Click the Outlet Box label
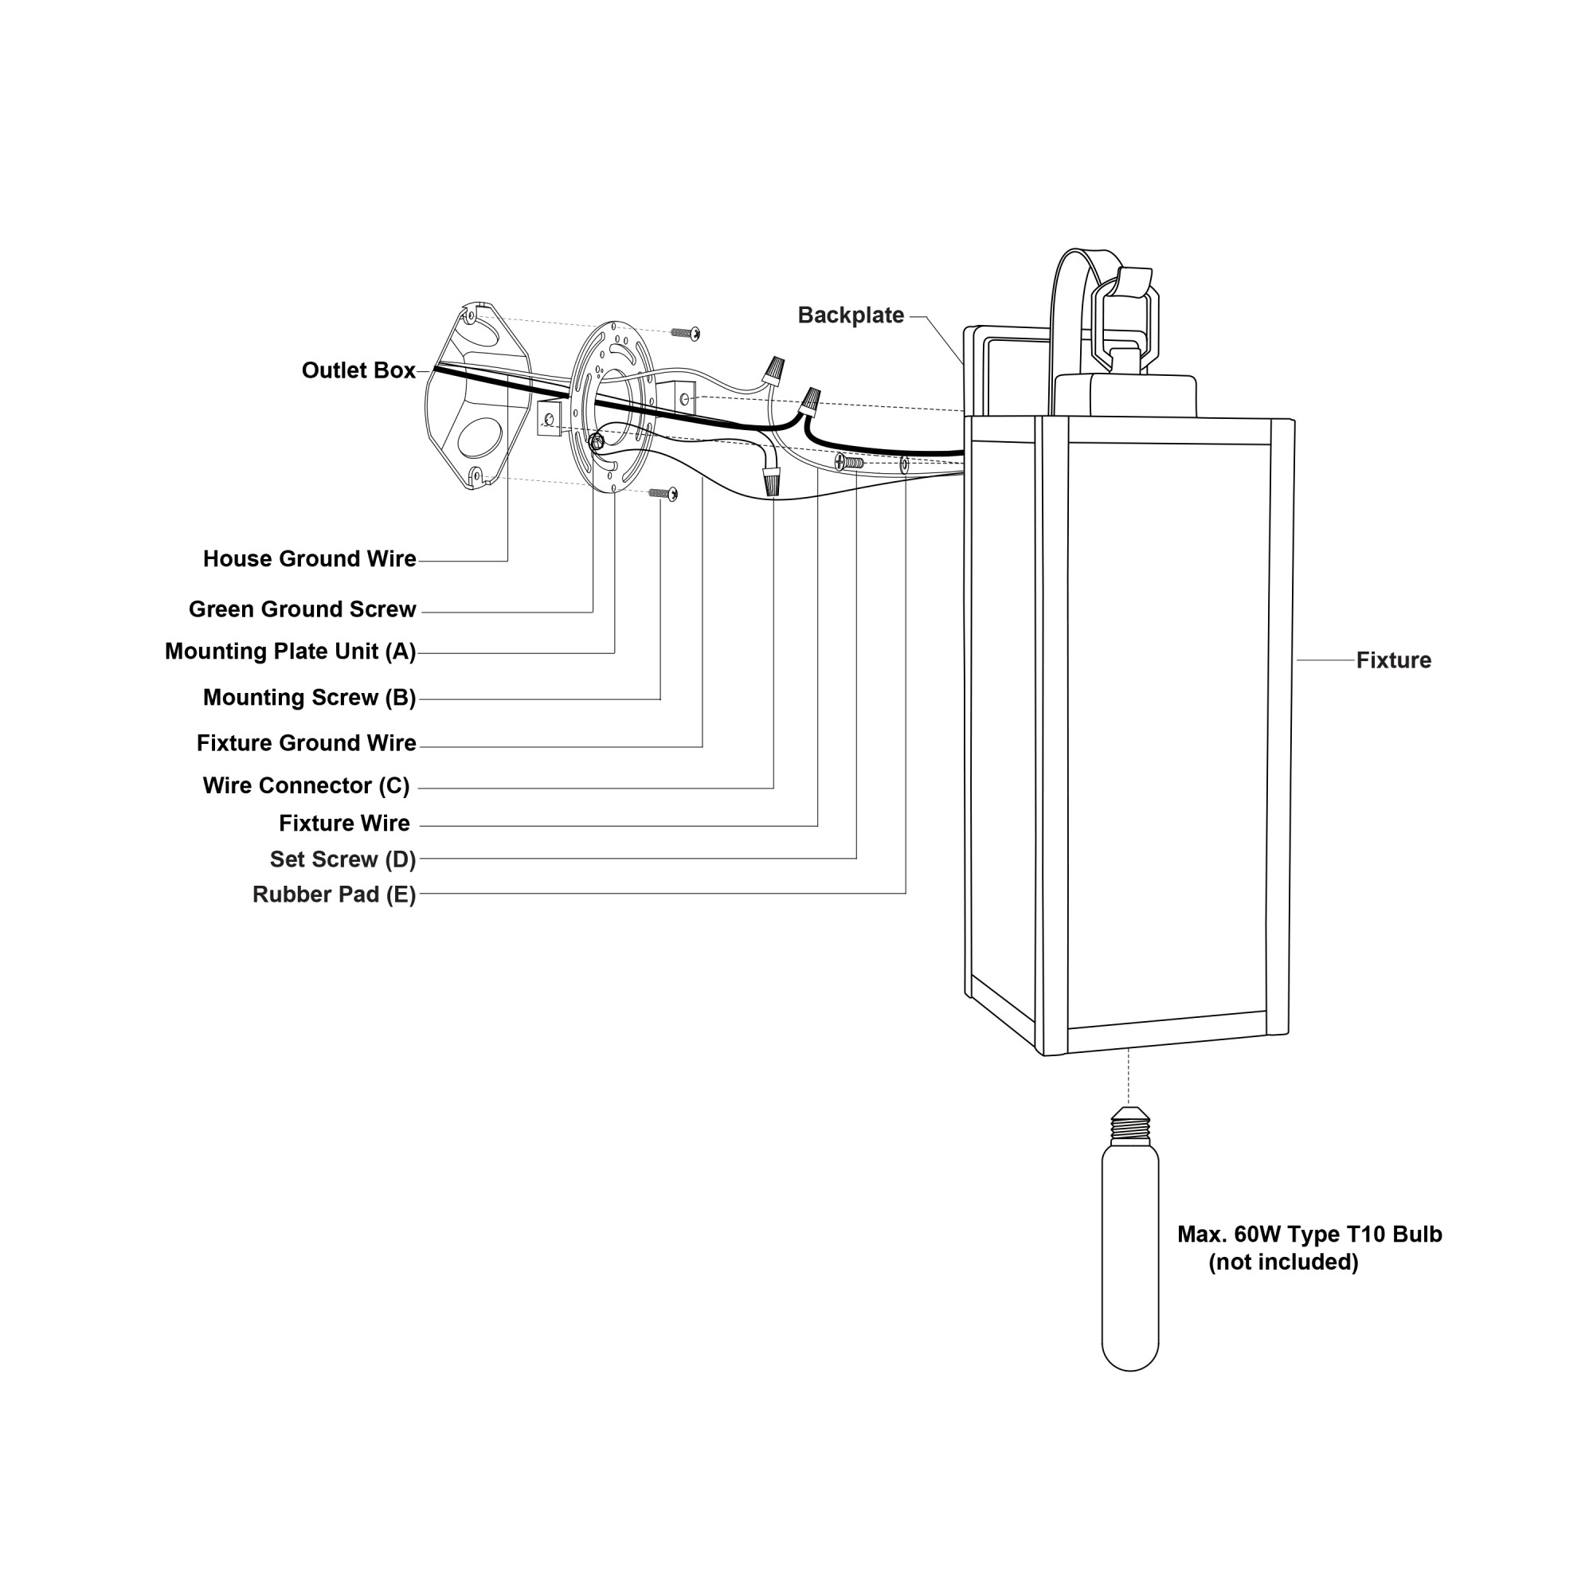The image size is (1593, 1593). [358, 371]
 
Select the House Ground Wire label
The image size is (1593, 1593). [309, 559]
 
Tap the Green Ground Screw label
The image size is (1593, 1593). [302, 609]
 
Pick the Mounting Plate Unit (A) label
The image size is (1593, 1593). [290, 652]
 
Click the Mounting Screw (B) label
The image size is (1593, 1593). [309, 698]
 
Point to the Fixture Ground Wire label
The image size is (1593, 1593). [306, 743]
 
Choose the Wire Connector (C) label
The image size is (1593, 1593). [306, 786]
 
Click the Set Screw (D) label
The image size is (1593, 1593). [342, 859]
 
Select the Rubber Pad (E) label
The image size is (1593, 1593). [334, 894]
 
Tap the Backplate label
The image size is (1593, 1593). [850, 315]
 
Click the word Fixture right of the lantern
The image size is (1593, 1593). [1393, 660]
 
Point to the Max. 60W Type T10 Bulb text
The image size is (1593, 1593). [1309, 1235]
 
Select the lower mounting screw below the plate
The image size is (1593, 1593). [663, 493]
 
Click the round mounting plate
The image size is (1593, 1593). [614, 408]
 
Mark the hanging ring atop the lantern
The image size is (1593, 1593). [1124, 318]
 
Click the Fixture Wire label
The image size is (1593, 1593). [344, 824]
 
